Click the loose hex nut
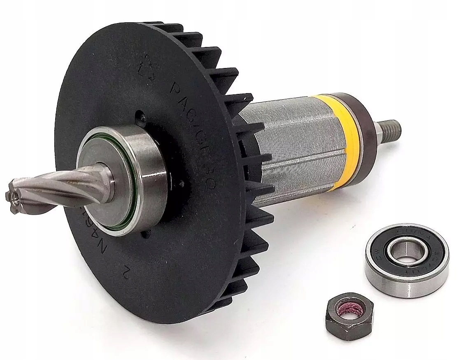[348, 316]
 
